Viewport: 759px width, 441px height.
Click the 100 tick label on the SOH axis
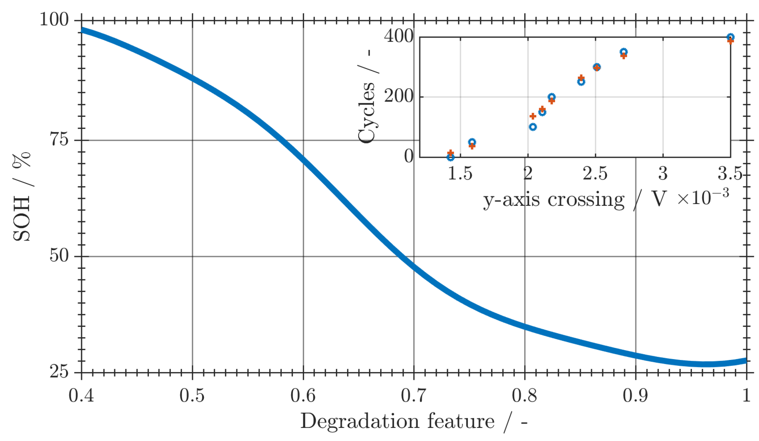pyautogui.click(x=54, y=20)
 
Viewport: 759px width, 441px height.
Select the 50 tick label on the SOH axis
pyautogui.click(x=59, y=255)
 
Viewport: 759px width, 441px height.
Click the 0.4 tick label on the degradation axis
pyautogui.click(x=81, y=396)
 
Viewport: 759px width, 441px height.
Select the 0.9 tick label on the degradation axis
pyautogui.click(x=635, y=396)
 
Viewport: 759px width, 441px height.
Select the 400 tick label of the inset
pyautogui.click(x=398, y=36)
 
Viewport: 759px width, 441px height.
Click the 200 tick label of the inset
pyautogui.click(x=398, y=96)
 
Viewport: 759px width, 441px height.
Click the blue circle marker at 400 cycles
pyautogui.click(x=730, y=37)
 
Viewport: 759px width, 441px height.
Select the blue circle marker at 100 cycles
pyautogui.click(x=533, y=127)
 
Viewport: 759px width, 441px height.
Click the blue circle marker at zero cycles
pyautogui.click(x=450, y=157)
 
